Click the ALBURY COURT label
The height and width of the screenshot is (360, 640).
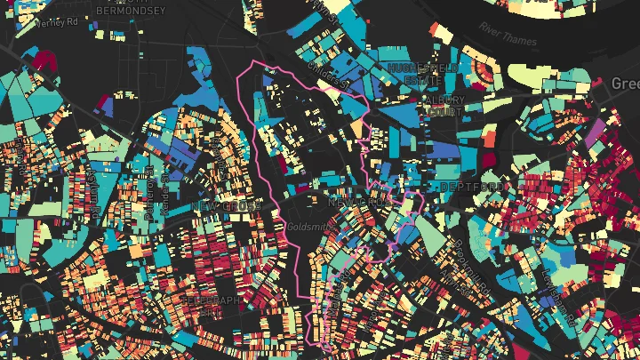point(443,105)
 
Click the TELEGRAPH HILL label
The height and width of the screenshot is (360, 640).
point(212,306)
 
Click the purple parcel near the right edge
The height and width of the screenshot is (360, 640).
point(593,133)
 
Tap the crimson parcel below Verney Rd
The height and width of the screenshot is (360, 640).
point(42,60)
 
